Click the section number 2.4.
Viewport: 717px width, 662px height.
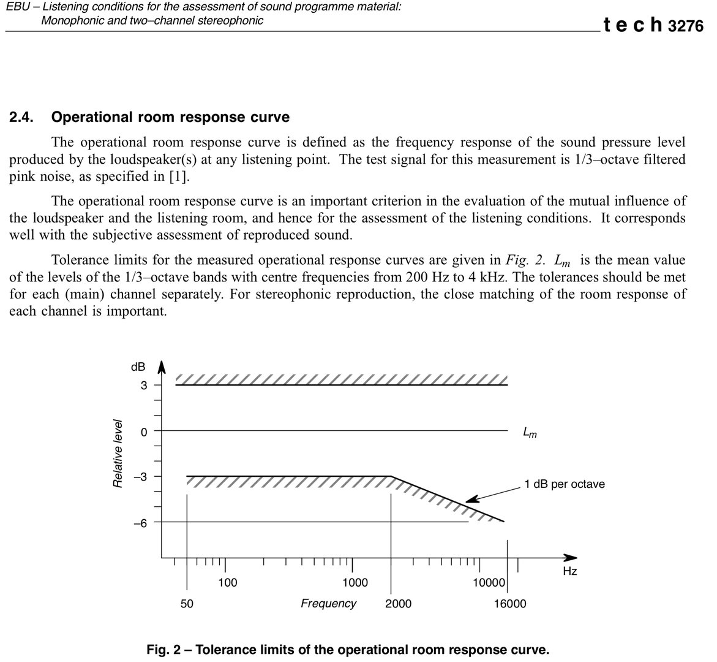(x=23, y=117)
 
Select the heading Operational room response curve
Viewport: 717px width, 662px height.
(x=171, y=117)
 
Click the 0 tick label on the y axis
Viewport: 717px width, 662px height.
(x=143, y=432)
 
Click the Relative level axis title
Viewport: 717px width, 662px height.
(x=118, y=454)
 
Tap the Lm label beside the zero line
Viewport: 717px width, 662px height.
(x=530, y=433)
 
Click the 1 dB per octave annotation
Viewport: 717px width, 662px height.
(x=564, y=484)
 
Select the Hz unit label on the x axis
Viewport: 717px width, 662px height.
(x=569, y=571)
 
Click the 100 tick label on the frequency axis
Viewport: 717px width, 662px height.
(x=228, y=582)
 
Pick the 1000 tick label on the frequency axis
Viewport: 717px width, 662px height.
(x=355, y=582)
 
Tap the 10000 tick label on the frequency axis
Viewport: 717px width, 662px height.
(x=489, y=582)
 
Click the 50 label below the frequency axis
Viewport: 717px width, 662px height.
(x=186, y=604)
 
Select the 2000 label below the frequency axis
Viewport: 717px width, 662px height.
(x=398, y=604)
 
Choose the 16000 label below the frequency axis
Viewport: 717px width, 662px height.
(x=510, y=604)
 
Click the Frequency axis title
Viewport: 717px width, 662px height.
(x=328, y=604)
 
